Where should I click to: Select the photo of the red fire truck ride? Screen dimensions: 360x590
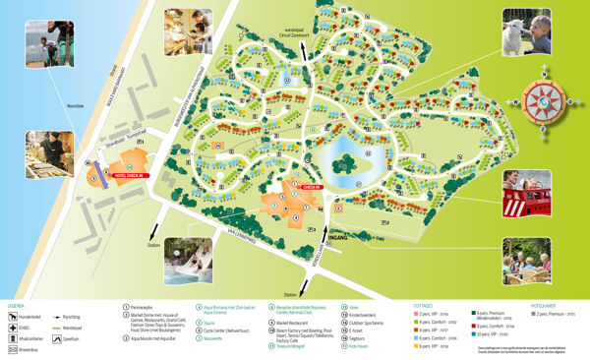click(x=527, y=192)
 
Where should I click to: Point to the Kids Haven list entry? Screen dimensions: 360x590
click(x=358, y=347)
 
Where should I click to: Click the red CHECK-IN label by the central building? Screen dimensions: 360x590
click(x=312, y=187)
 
